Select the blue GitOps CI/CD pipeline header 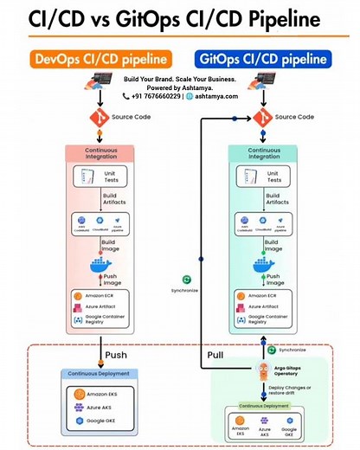pos(263,60)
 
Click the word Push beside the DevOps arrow pos(118,354)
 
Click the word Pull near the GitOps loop pos(216,355)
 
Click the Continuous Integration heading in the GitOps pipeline pos(263,153)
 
